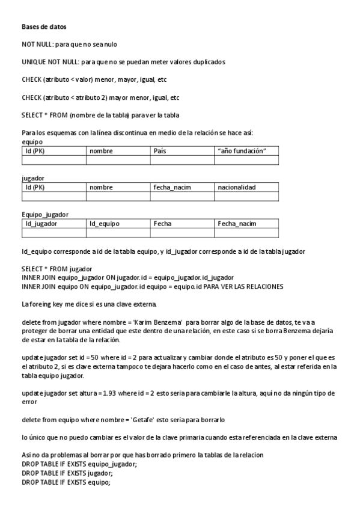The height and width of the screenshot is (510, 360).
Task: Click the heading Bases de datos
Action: [44, 27]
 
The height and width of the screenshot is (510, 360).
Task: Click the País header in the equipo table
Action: [160, 152]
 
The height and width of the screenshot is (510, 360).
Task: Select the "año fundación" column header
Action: [242, 152]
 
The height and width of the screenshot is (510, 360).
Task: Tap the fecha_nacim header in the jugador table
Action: [172, 188]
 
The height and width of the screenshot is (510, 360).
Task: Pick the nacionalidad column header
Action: [237, 188]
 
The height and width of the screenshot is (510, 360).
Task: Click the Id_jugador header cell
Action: [41, 224]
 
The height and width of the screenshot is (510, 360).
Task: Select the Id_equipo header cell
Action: [105, 224]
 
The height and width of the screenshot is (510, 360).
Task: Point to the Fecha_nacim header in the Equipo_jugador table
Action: [237, 224]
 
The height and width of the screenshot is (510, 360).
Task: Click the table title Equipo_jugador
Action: [45, 214]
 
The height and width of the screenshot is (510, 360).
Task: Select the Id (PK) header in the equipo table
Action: [35, 152]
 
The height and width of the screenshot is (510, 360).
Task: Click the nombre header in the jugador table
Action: [101, 188]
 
